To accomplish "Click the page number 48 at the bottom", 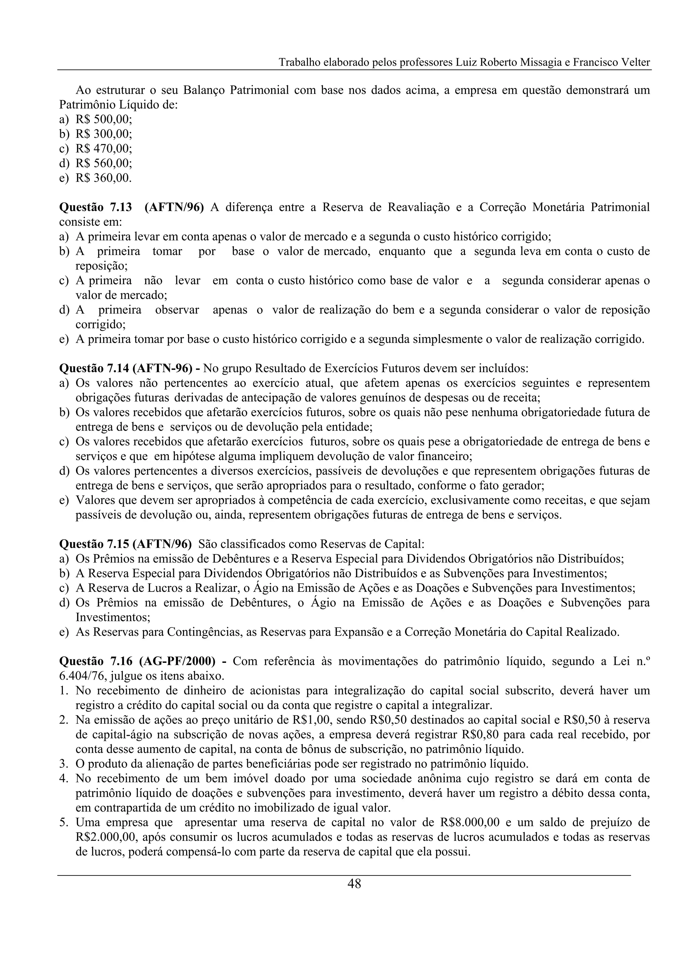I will coord(354,884).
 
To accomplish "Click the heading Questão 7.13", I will coord(96,207).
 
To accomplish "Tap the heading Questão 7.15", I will coord(96,544).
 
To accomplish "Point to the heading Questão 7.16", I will coord(96,661).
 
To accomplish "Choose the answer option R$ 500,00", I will coord(104,119).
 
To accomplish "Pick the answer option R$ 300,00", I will coord(104,134).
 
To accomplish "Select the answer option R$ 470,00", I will coord(104,149).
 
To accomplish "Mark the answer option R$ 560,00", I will coord(104,164).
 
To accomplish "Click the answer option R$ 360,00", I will coord(104,178).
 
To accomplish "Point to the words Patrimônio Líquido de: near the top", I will coord(118,105).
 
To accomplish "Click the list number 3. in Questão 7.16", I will coord(64,764).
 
